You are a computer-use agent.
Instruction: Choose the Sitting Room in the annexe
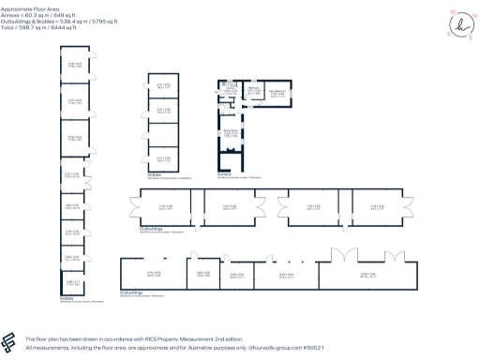230,134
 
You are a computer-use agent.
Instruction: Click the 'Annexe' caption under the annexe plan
227,172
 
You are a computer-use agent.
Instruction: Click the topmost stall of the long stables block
74,65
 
